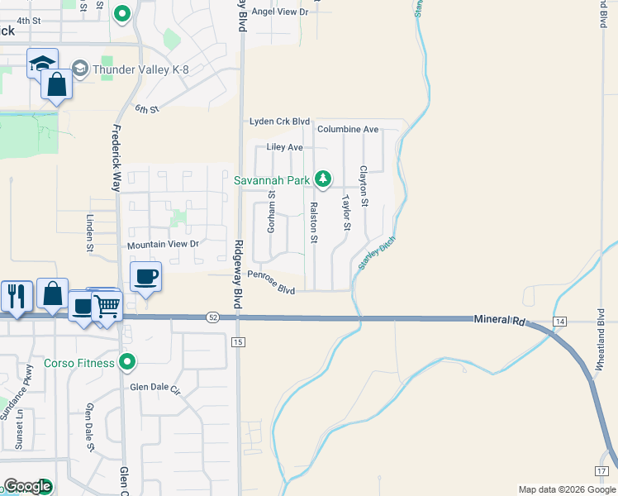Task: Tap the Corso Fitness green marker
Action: tap(126, 361)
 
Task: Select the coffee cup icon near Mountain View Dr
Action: tap(146, 277)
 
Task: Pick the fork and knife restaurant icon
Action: tap(17, 295)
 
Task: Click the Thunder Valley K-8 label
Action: tap(140, 69)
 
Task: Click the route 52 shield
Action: tap(213, 317)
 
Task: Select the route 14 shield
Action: tap(560, 321)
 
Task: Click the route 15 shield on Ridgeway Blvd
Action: tap(239, 341)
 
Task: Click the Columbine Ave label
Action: tap(348, 130)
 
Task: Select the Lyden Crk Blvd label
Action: tap(280, 122)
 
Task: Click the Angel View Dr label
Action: tap(279, 12)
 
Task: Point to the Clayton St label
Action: tap(363, 186)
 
